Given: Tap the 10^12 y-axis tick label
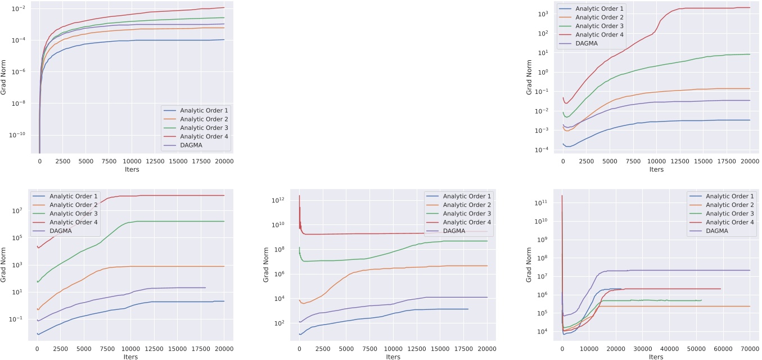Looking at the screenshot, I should (x=288, y=200).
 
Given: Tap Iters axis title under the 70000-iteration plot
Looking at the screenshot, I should (x=655, y=357).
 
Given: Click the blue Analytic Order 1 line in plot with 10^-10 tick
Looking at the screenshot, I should (x=141, y=40).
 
